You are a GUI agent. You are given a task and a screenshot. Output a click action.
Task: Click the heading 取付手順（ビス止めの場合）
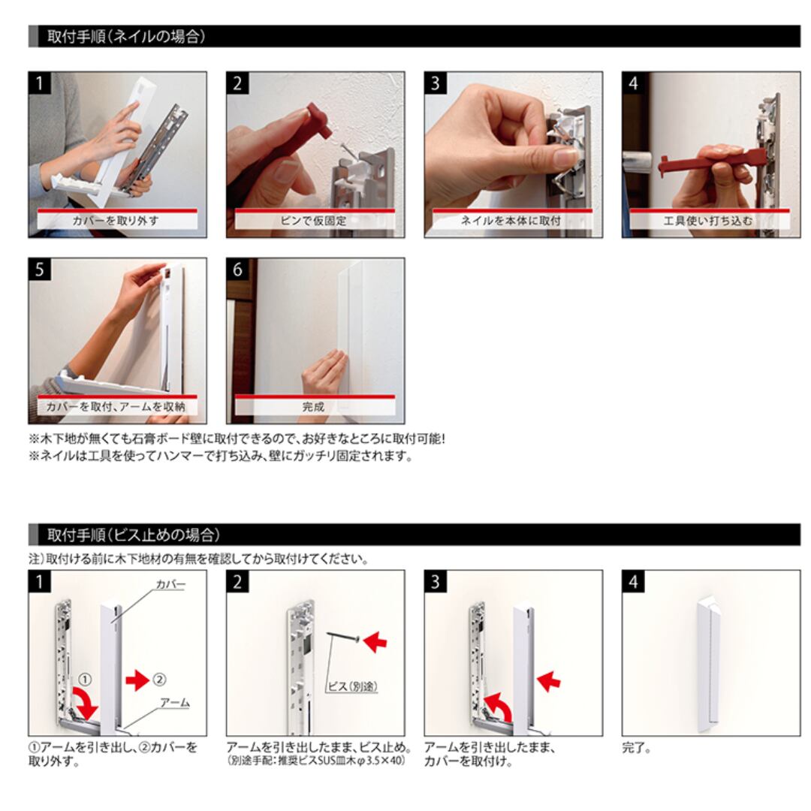tap(134, 535)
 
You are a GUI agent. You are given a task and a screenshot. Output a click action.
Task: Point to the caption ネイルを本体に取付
tap(511, 221)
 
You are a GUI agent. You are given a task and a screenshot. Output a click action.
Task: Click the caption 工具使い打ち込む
tap(708, 221)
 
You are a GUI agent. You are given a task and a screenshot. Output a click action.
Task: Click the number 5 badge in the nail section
tap(40, 270)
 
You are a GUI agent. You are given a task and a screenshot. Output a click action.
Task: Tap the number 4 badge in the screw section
tap(633, 582)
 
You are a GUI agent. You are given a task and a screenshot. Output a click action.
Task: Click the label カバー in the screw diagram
tap(170, 584)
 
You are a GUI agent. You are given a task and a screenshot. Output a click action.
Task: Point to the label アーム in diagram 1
tap(175, 703)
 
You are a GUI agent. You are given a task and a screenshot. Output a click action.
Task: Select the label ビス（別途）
tap(352, 686)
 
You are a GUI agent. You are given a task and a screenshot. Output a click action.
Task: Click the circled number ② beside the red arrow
tap(160, 680)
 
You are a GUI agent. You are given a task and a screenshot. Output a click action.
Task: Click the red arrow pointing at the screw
tap(375, 642)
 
